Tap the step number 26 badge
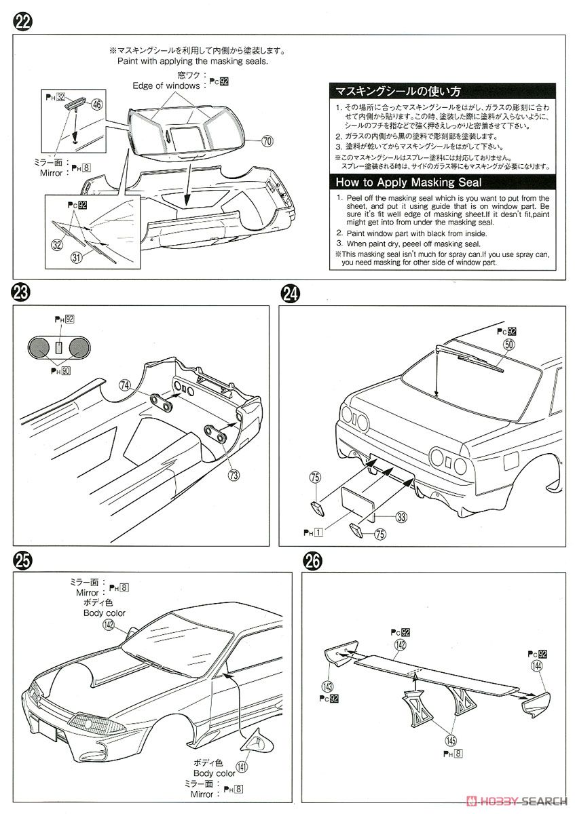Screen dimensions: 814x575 coord(313,561)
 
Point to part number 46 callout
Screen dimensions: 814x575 coord(97,104)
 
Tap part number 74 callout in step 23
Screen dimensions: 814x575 coord(124,384)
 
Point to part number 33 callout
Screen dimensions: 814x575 coord(401,518)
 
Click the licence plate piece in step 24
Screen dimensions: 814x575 coord(357,504)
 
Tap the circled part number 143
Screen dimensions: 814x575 coord(328,686)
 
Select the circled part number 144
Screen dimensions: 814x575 coord(537,667)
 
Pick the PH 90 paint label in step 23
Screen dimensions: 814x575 coord(63,370)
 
